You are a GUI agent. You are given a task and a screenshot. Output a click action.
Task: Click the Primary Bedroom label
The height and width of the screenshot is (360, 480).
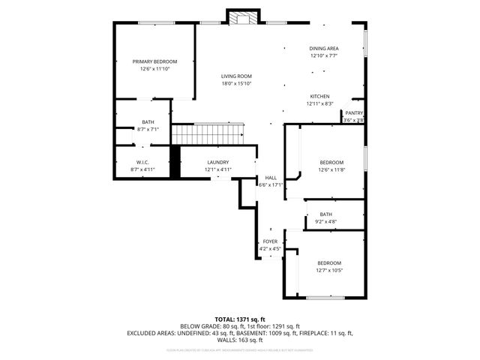(154, 61)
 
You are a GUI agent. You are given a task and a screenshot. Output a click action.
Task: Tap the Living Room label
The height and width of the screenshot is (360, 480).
(235, 76)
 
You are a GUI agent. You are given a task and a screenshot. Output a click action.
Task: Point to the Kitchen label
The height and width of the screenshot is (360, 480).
(320, 97)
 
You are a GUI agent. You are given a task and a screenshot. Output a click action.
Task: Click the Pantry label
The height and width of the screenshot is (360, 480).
(354, 113)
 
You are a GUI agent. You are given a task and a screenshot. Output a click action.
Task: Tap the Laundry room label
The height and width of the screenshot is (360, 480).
(217, 163)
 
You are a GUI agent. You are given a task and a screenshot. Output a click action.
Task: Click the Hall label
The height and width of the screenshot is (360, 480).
(271, 178)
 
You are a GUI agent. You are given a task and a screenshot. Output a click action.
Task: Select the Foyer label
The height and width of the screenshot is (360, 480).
(270, 241)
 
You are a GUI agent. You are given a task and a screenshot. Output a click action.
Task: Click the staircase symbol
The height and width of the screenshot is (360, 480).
(209, 134)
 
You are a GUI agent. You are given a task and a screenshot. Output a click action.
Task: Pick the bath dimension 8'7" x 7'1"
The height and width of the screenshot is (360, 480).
(148, 129)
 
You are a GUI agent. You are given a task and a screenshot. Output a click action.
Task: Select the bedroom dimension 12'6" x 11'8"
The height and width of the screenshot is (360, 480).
(331, 169)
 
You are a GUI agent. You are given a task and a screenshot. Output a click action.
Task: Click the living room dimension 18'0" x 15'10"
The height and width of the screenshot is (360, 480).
(235, 83)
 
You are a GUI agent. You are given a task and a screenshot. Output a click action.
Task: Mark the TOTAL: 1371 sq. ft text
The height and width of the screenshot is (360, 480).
(240, 319)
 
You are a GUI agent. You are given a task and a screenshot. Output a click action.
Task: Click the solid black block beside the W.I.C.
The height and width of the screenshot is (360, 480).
(175, 161)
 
